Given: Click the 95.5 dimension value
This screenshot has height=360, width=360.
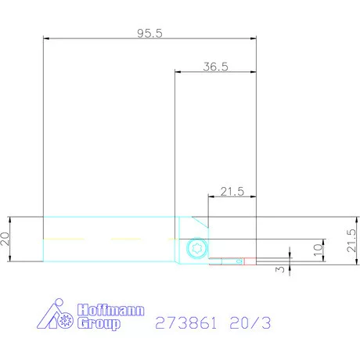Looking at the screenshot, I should (x=149, y=33).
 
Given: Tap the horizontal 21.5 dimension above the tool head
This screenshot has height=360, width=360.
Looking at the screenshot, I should (x=232, y=191).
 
